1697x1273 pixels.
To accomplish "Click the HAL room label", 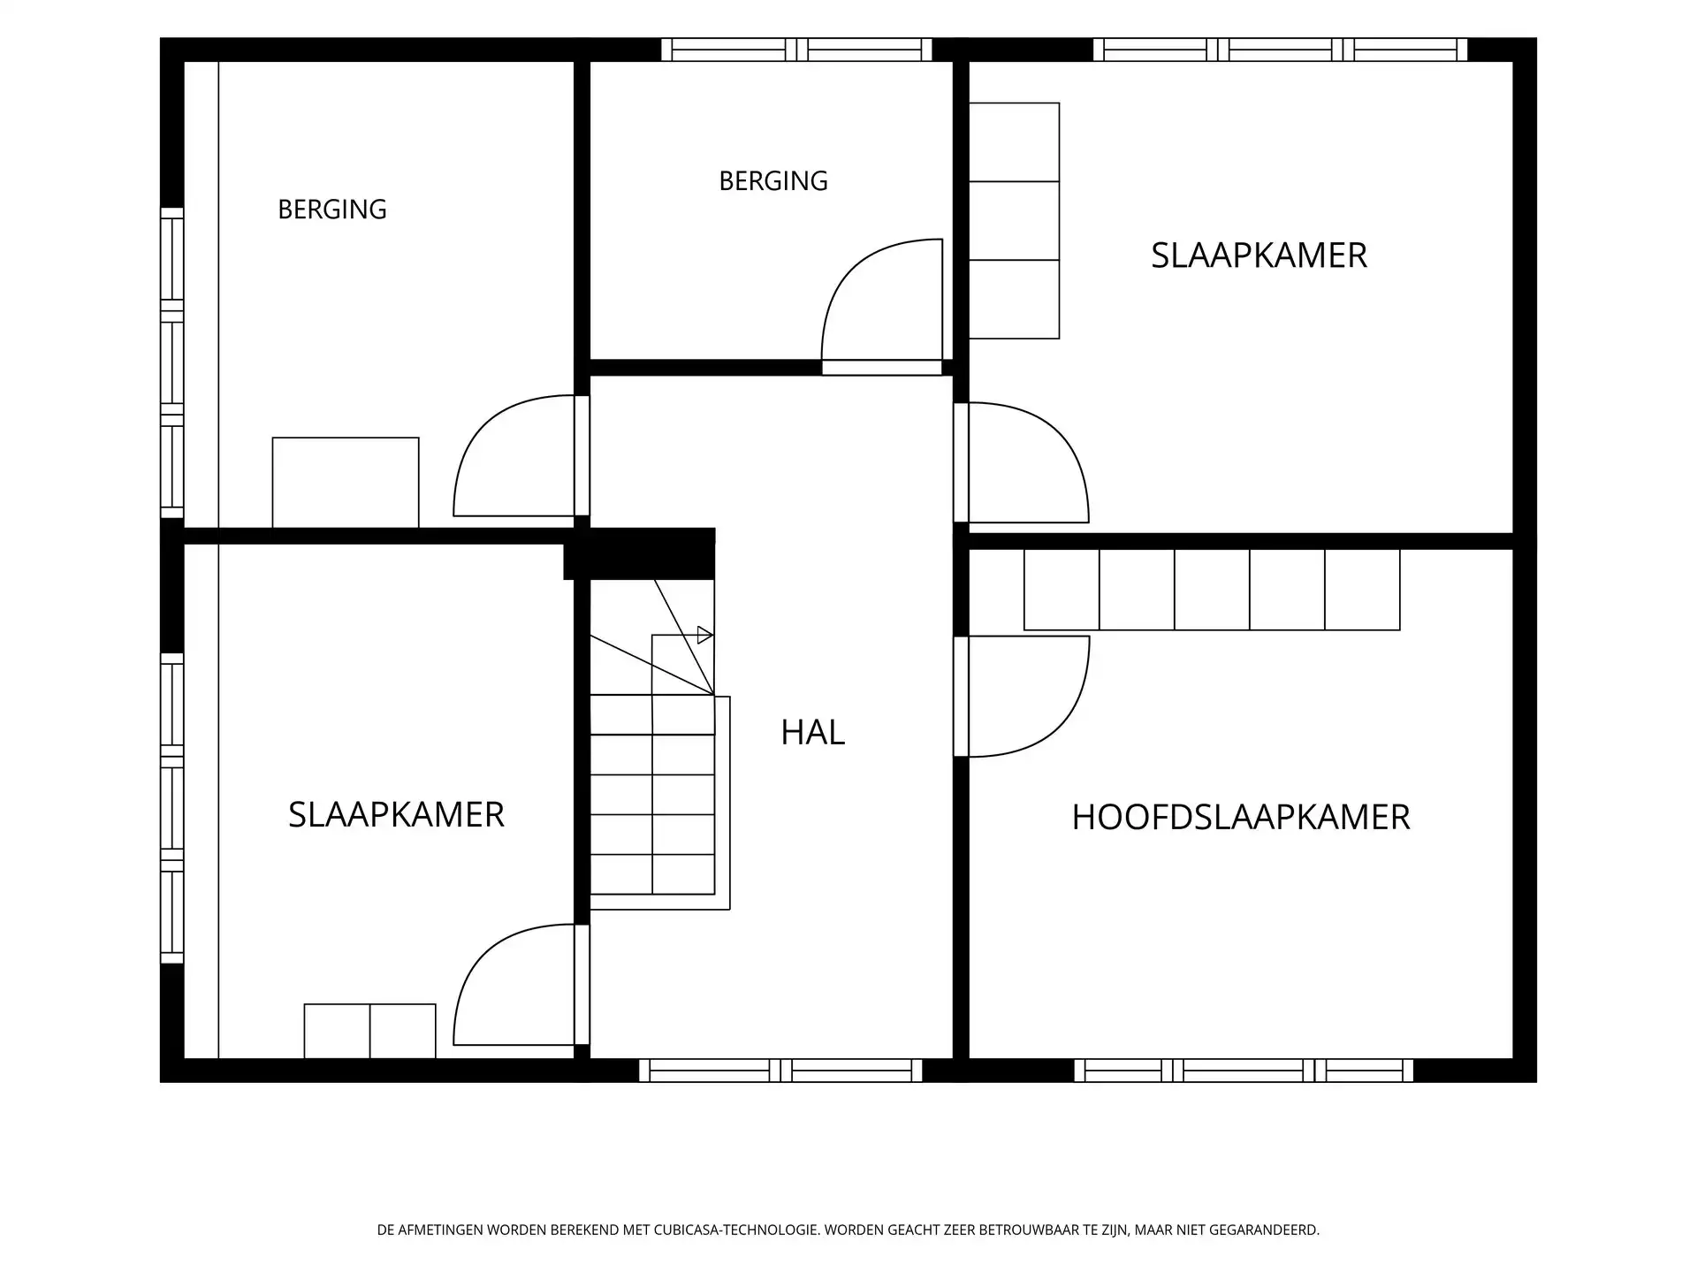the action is tap(812, 732).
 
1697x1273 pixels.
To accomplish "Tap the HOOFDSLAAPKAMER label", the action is tap(1240, 818).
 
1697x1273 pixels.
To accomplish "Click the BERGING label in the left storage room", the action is tap(332, 210).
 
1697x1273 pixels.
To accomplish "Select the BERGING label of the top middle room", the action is tap(773, 181).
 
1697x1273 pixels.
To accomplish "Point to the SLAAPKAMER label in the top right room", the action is tap(1259, 255).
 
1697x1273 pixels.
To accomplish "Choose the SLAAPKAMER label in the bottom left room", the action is tap(396, 814).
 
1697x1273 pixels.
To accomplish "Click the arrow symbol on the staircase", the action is tap(705, 635).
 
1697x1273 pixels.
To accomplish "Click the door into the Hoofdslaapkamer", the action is tap(1021, 697).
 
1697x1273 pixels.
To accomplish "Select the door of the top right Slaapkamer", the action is tap(1021, 462).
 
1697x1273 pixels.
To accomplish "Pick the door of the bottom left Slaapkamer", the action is tap(521, 985).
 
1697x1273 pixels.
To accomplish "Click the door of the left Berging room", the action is tap(521, 456).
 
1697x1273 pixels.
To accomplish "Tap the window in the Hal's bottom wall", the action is tap(780, 1071).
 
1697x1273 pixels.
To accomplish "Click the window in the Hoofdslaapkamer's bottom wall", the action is tap(1244, 1071).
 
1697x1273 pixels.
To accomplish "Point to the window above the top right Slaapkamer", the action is tap(1281, 50).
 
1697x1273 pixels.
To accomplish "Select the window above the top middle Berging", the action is tap(796, 50).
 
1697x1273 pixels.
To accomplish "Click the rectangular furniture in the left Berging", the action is tap(346, 483).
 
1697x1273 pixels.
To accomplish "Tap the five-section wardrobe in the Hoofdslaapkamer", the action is tap(1212, 590).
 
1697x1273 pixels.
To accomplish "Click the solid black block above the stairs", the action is tap(640, 554).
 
